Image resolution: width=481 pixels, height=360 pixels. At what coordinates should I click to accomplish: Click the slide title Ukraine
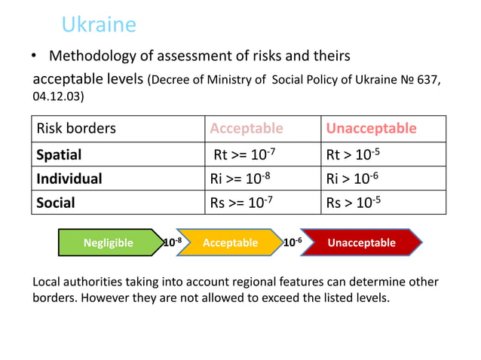click(99, 25)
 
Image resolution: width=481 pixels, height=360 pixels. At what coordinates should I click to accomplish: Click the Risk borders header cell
click(77, 128)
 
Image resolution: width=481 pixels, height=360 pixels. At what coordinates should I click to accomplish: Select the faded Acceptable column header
click(247, 128)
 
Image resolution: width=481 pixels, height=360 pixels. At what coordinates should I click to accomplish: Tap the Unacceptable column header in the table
click(371, 128)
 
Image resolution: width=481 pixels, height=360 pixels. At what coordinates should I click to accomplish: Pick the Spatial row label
click(60, 154)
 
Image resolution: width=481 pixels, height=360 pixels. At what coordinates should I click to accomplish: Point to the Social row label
click(56, 202)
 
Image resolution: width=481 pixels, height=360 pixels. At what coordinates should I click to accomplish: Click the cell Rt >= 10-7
click(242, 154)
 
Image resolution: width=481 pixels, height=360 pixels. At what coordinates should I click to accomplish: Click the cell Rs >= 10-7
click(242, 202)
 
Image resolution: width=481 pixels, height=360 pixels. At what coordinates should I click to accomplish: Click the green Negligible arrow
click(109, 243)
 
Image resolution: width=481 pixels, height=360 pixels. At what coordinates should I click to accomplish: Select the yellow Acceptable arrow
click(230, 243)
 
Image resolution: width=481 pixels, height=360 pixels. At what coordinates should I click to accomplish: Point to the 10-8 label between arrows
click(173, 242)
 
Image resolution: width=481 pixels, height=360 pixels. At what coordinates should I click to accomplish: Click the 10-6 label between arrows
click(293, 242)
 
